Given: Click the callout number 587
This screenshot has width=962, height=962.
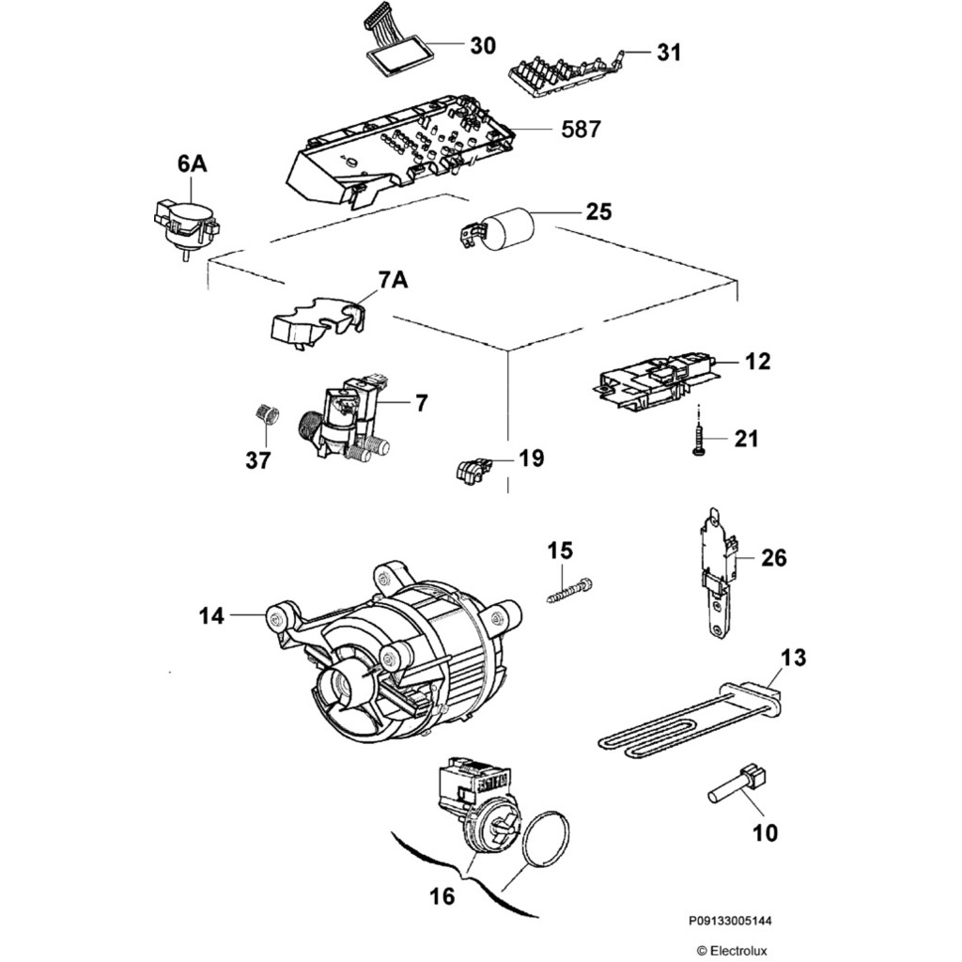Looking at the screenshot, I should click(581, 130).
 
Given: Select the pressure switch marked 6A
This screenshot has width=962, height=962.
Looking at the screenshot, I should click(184, 222).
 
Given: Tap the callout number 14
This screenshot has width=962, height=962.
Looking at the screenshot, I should click(211, 616).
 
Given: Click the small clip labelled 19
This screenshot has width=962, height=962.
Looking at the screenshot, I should click(472, 467).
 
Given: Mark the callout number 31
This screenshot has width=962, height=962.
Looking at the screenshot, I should click(668, 53).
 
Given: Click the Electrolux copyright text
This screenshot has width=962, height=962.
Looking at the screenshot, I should click(732, 951).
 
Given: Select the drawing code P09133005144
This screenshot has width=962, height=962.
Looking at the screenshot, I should click(733, 923).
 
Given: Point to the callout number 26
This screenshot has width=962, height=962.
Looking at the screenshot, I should click(773, 559).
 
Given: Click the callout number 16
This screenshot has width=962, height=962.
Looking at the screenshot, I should click(442, 896).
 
